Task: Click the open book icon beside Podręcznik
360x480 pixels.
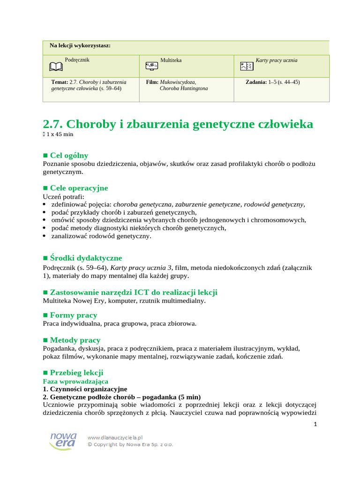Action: (x=55, y=67)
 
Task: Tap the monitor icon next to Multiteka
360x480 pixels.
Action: (x=151, y=66)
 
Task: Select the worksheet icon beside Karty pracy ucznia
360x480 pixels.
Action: (x=247, y=67)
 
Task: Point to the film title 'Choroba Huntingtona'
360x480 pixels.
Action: (x=184, y=88)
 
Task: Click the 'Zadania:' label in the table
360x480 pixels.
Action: (x=256, y=82)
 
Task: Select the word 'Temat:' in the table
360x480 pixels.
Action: (x=60, y=82)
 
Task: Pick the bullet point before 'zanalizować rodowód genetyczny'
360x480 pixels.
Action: (x=45, y=236)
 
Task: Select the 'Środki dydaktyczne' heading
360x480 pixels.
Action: (x=86, y=258)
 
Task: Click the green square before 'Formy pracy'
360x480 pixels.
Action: (x=45, y=315)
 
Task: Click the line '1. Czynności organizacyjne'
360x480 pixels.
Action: (x=84, y=389)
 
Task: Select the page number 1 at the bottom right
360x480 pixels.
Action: (x=315, y=424)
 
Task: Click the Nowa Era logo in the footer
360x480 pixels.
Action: (x=63, y=441)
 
